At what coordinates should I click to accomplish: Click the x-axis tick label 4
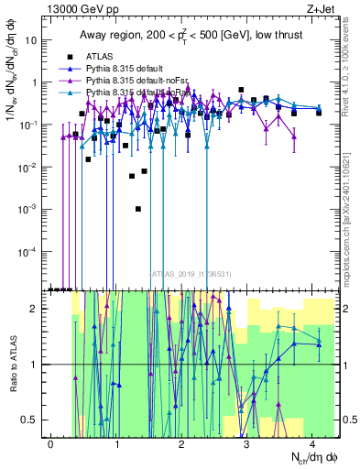click(x=313, y=443)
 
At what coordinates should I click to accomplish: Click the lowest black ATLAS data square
click(x=138, y=209)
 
